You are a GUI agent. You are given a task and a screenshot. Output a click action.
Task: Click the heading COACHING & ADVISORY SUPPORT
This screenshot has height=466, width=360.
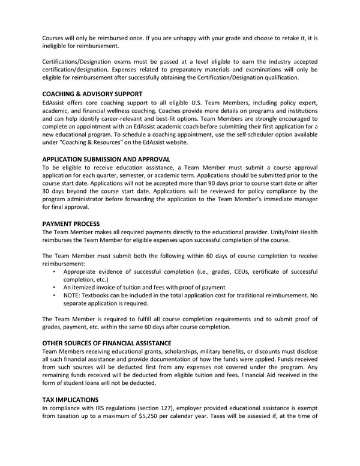pos(92,94)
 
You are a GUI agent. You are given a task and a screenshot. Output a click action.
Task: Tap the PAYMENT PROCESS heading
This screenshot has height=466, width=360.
pos(71,223)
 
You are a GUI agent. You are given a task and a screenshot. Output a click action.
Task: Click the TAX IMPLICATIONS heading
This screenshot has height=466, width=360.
pos(70,399)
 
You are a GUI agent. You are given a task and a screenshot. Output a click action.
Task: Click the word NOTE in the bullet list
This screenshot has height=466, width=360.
pos(73,295)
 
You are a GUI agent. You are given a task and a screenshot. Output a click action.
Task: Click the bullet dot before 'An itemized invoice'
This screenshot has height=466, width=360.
pos(54,288)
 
